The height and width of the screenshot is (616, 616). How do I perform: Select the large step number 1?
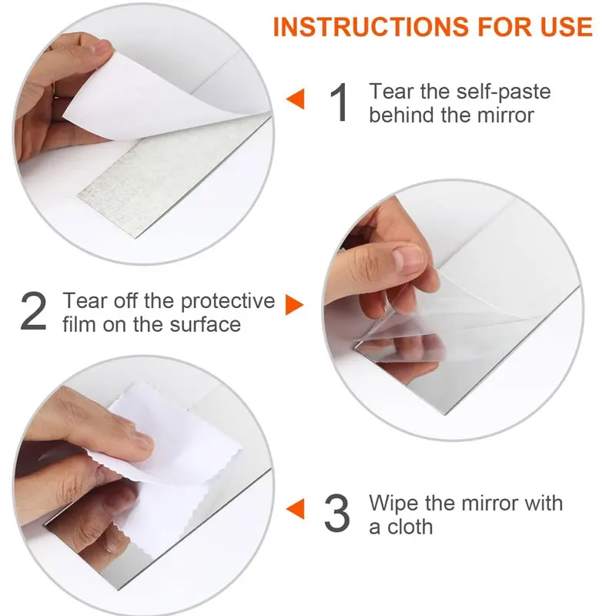point(339,102)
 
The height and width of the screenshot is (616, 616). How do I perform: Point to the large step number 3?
point(337,513)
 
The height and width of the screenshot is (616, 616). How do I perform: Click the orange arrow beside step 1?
point(296,99)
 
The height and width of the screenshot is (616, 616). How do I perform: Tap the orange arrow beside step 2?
point(295,305)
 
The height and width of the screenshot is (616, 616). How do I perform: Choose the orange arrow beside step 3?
point(296,509)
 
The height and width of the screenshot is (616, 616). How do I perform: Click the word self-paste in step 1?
point(504,92)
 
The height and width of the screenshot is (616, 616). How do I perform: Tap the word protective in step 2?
point(228,302)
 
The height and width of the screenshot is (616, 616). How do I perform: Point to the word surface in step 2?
point(205,324)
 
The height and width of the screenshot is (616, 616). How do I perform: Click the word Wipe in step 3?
point(394,504)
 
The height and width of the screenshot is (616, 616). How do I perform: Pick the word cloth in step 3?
point(410,527)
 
